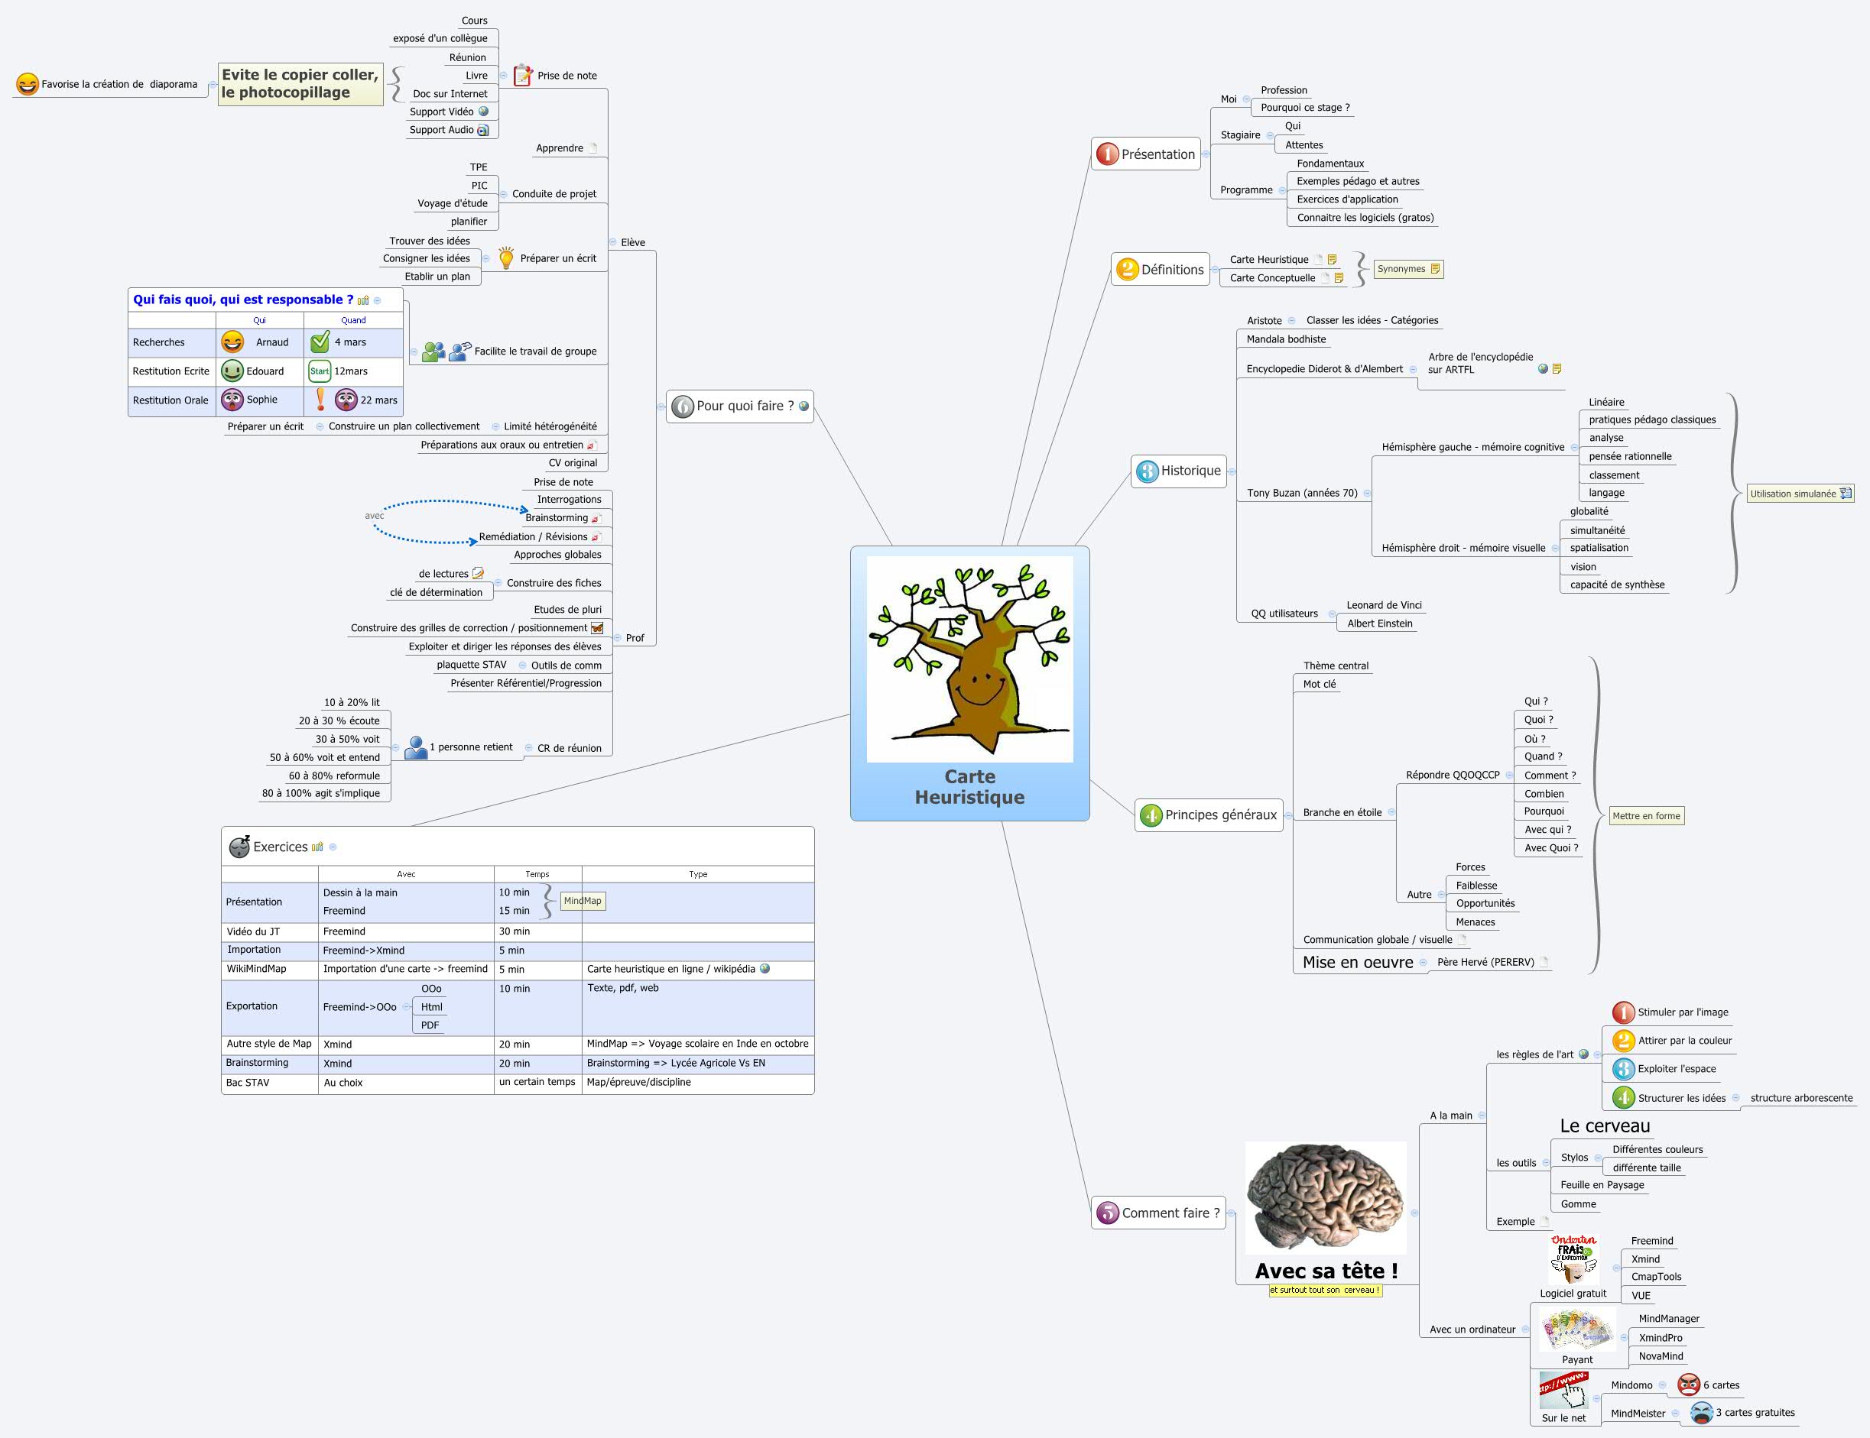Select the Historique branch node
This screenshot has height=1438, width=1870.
1180,471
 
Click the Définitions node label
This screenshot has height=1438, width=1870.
1171,270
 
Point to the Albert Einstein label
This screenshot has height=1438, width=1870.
1379,623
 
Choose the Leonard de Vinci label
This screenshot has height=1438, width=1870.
1384,605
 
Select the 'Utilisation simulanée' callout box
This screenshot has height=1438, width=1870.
1799,494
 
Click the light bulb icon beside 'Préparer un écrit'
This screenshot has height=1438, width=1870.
506,257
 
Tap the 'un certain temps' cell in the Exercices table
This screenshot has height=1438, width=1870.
537,1082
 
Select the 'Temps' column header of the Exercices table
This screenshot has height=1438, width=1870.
537,874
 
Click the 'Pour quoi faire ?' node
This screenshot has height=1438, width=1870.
740,406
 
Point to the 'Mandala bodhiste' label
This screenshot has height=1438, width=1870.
1285,339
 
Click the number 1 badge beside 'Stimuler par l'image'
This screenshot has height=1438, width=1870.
1623,1012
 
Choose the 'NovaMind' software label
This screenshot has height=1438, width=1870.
1661,1355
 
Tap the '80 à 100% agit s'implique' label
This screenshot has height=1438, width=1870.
320,792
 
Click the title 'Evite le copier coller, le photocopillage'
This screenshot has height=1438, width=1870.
300,84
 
